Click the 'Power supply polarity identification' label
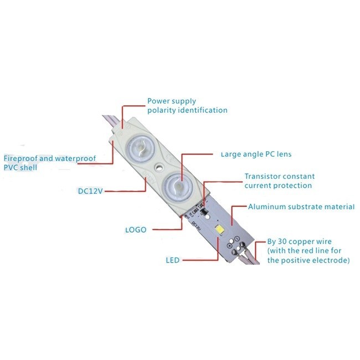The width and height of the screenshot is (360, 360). (187, 106)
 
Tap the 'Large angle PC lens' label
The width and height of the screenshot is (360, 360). (256, 153)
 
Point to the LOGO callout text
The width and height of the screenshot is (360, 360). (136, 229)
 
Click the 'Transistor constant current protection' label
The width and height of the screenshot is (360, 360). (278, 181)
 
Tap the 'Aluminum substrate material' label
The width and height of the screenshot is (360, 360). (301, 207)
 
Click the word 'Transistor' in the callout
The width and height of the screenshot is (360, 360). (263, 177)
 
